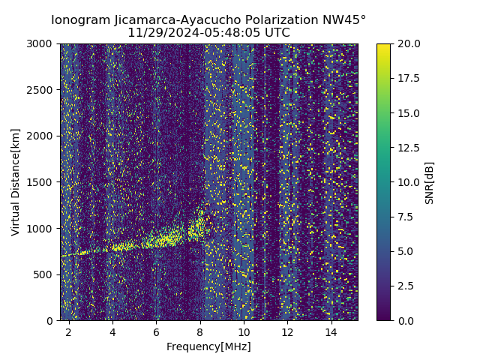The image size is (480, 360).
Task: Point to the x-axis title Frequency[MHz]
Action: tap(208, 346)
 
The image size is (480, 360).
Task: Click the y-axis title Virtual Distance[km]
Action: tap(16, 181)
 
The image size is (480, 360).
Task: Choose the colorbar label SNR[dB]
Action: tap(429, 182)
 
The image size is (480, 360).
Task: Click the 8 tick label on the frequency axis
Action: tap(200, 331)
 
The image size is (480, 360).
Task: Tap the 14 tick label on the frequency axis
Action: tap(331, 331)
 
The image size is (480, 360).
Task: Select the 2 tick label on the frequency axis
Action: tap(69, 331)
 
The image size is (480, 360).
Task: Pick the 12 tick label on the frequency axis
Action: tap(287, 331)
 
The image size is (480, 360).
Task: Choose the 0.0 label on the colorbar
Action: tap(404, 320)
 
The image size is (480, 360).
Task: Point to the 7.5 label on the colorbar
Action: tap(404, 217)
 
